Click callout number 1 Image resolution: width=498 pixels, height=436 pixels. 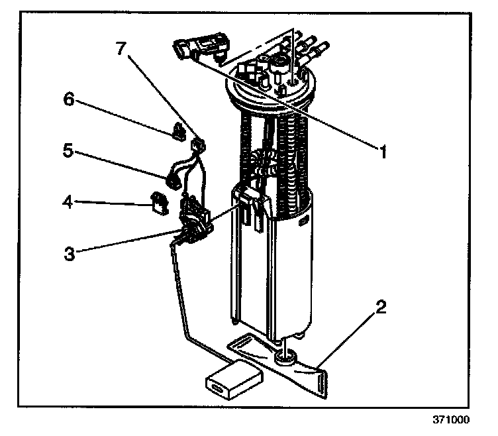(381, 150)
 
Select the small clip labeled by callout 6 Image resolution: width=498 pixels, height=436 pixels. (178, 133)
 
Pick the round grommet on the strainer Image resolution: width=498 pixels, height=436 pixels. (285, 358)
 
